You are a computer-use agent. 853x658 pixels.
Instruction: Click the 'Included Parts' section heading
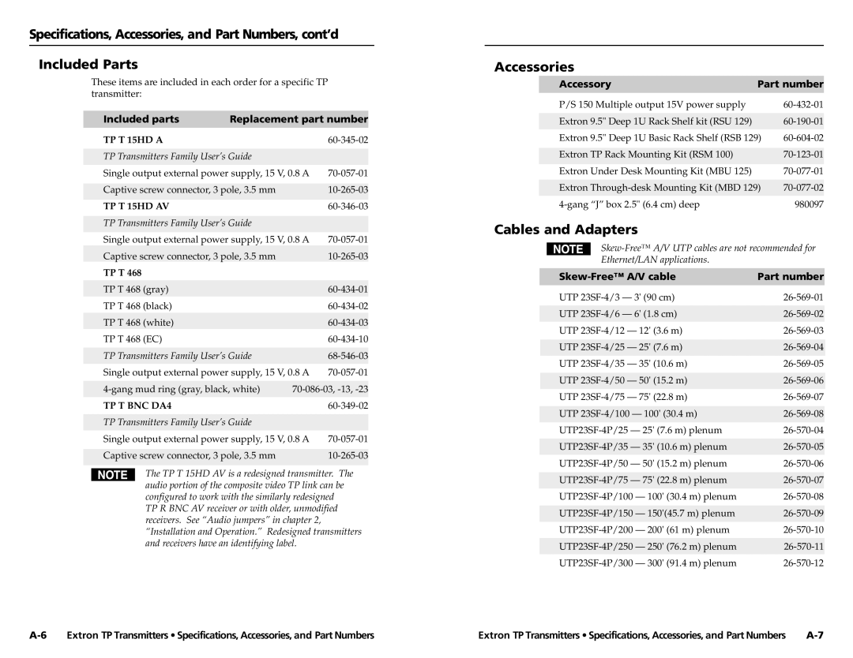(x=88, y=64)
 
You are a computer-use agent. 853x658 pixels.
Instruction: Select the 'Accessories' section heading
(x=534, y=68)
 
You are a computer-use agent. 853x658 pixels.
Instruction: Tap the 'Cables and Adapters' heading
(x=566, y=230)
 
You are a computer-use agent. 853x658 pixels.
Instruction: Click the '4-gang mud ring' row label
(x=182, y=389)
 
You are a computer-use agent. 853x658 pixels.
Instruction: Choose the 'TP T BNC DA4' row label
(x=137, y=406)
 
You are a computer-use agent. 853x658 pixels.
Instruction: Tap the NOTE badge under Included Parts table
(x=113, y=475)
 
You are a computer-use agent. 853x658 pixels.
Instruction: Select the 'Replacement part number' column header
(x=299, y=119)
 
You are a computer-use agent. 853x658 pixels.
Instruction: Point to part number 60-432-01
(x=803, y=104)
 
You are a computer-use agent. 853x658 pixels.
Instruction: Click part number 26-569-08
(x=803, y=413)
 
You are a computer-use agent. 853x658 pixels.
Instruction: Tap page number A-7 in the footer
(x=814, y=635)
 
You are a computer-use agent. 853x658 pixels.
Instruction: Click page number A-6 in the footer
(x=39, y=635)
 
